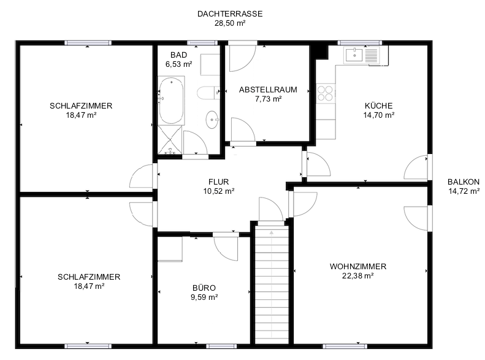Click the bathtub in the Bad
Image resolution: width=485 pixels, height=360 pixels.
click(171, 101)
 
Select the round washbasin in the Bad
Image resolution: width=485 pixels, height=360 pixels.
click(213, 120)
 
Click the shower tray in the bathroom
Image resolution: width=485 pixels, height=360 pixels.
click(170, 140)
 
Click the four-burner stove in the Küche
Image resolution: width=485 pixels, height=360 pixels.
click(326, 93)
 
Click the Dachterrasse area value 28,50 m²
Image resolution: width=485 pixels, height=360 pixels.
click(230, 23)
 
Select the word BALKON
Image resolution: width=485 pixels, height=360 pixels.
click(464, 182)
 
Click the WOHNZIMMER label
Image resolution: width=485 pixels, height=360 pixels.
click(358, 266)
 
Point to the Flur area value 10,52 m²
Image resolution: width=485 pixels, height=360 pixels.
click(219, 191)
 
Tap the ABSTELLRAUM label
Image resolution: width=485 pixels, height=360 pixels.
click(268, 90)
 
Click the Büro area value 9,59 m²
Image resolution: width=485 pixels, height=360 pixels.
click(204, 297)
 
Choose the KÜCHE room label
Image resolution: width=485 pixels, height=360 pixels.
click(378, 105)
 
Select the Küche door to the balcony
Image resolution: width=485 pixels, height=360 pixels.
click(417, 167)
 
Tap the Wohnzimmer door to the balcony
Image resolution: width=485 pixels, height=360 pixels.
click(417, 218)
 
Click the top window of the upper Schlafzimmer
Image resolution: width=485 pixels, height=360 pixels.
click(88, 43)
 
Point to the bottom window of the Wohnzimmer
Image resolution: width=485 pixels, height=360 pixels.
click(345, 346)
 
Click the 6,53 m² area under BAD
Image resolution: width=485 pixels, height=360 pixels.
click(179, 64)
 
